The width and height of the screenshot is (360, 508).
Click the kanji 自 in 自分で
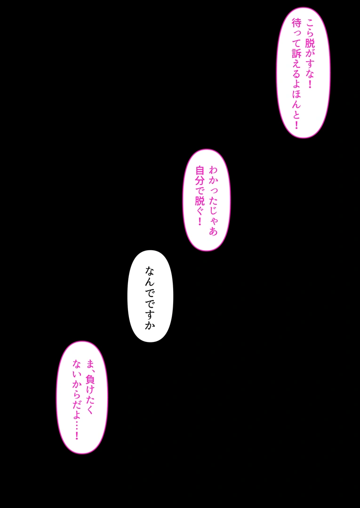pyautogui.click(x=200, y=170)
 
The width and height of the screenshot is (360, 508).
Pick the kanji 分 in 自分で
pyautogui.click(x=200, y=181)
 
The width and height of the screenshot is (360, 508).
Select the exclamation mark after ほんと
pyautogui.click(x=296, y=124)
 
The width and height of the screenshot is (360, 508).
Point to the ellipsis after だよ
pyautogui.click(x=77, y=423)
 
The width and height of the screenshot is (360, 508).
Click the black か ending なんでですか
pyautogui.click(x=150, y=325)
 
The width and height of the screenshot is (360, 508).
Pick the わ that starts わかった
pyautogui.click(x=213, y=170)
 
